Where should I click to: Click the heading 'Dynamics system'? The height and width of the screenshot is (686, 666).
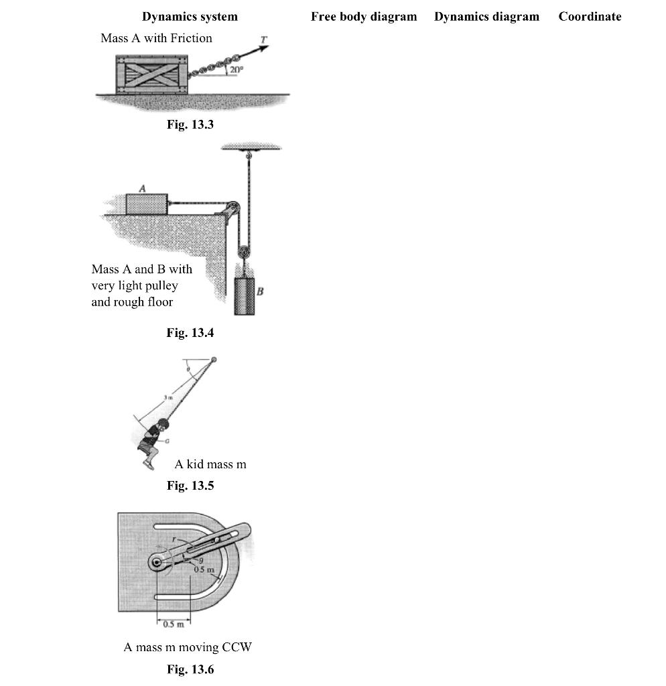(190, 17)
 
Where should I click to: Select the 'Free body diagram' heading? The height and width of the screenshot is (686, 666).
(363, 17)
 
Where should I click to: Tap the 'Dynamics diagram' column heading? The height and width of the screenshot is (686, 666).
(486, 17)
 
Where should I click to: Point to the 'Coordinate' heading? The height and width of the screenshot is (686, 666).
(590, 17)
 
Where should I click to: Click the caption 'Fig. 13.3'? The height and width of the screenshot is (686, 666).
(190, 124)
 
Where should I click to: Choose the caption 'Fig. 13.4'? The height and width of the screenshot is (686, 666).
(190, 333)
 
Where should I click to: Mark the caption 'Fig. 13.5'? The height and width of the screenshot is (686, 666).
(190, 486)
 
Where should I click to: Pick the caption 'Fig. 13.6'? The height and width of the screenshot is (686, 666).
(190, 669)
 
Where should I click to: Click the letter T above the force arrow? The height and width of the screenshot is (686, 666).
(263, 40)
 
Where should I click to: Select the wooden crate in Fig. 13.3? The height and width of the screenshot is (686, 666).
(152, 74)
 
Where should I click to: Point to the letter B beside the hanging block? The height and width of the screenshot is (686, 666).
(260, 291)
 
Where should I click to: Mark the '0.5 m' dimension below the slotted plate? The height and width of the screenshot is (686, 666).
(174, 626)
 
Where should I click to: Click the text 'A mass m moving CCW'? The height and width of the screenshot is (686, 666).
(188, 647)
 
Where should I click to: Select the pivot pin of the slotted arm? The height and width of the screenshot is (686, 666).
(157, 563)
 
